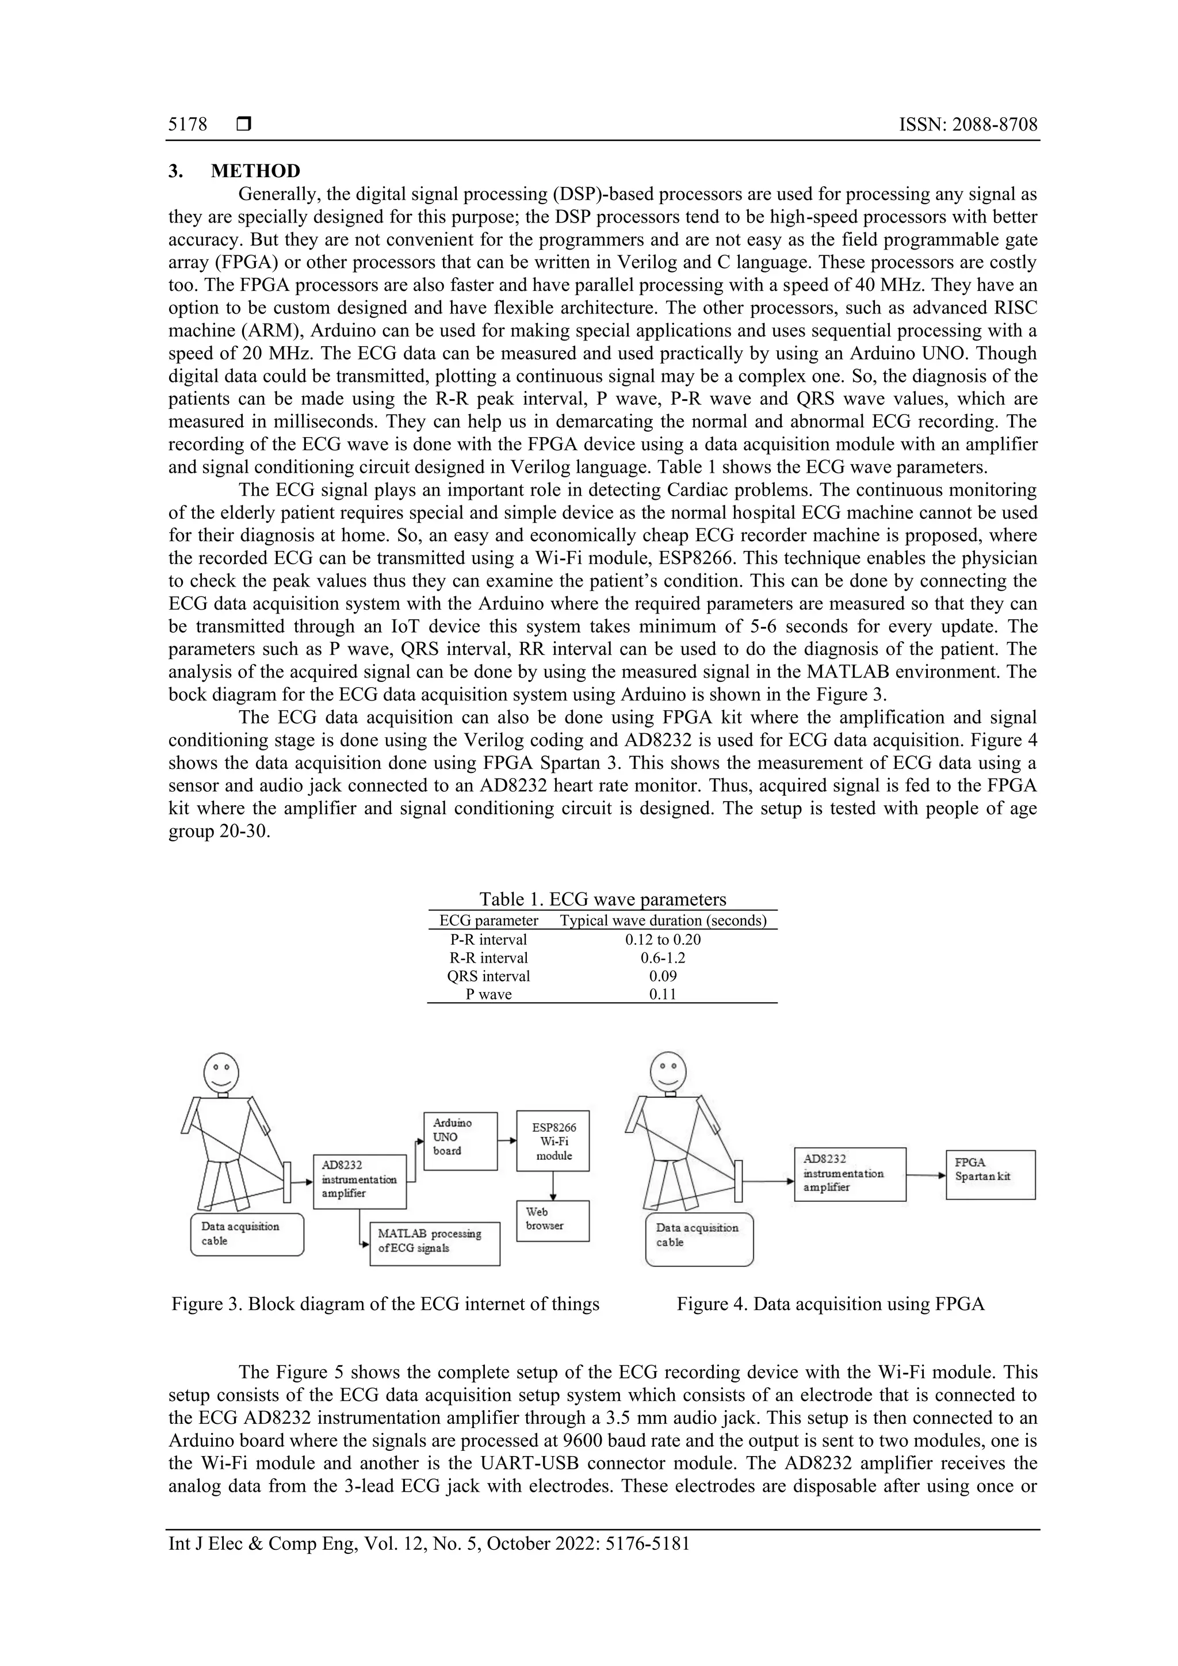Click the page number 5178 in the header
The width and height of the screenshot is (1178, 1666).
point(188,125)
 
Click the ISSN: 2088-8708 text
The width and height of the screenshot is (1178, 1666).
point(968,125)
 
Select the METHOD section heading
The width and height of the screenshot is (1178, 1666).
point(255,171)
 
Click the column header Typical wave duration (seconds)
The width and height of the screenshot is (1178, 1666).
point(663,921)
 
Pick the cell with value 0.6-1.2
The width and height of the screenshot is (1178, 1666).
point(663,958)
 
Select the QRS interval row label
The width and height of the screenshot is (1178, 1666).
point(488,976)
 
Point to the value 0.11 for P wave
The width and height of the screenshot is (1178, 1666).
point(663,994)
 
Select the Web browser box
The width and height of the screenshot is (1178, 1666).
point(552,1220)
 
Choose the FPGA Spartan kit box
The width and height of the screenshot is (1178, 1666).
point(990,1174)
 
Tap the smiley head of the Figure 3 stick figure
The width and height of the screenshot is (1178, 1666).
point(221,1072)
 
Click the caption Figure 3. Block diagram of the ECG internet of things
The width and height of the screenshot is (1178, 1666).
point(385,1304)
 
